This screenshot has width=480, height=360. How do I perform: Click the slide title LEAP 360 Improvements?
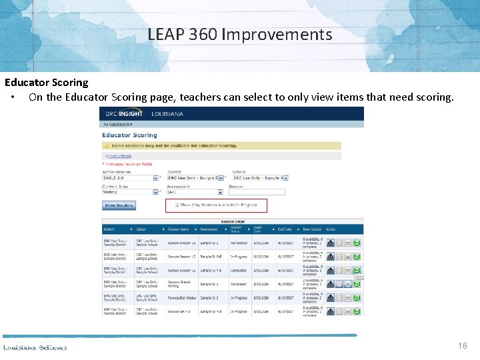[x=240, y=34]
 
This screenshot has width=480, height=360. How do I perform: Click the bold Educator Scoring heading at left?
[x=47, y=83]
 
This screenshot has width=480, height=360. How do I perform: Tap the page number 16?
[x=463, y=346]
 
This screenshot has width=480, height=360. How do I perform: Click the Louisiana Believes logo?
[x=35, y=347]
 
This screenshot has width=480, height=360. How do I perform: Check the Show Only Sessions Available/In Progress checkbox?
[x=177, y=205]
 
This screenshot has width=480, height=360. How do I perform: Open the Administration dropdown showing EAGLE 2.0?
[x=131, y=178]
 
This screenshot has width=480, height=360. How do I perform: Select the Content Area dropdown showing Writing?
[x=131, y=192]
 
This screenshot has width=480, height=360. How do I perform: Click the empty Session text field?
[x=257, y=192]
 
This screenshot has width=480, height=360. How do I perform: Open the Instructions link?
[x=120, y=156]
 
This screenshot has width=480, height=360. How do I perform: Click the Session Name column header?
[x=179, y=229]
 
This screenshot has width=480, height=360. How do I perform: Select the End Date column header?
[x=285, y=229]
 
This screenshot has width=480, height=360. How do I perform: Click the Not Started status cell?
[x=239, y=243]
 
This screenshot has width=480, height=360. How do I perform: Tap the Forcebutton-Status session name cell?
[x=182, y=297]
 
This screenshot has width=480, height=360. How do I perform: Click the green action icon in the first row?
[x=357, y=243]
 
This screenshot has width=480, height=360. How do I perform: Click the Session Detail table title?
[x=233, y=221]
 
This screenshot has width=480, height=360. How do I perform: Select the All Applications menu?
[x=118, y=124]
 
